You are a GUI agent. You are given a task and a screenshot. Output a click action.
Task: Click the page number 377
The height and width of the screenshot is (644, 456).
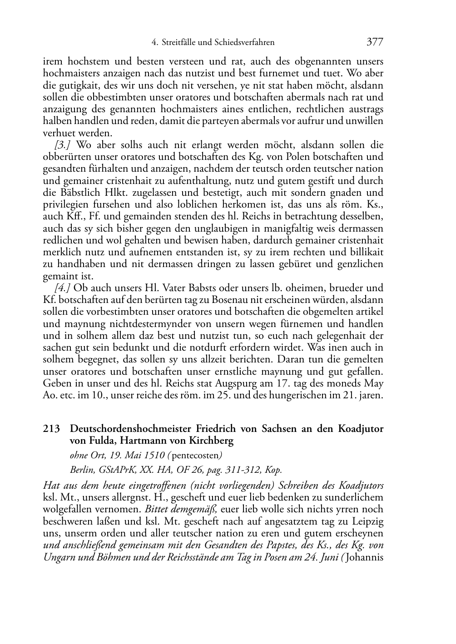pyautogui.click(x=375, y=42)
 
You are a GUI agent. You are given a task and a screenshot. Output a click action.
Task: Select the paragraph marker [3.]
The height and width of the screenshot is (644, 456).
pyautogui.click(x=63, y=145)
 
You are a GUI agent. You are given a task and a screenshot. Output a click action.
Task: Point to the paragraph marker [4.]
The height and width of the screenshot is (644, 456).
pyautogui.click(x=63, y=288)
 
